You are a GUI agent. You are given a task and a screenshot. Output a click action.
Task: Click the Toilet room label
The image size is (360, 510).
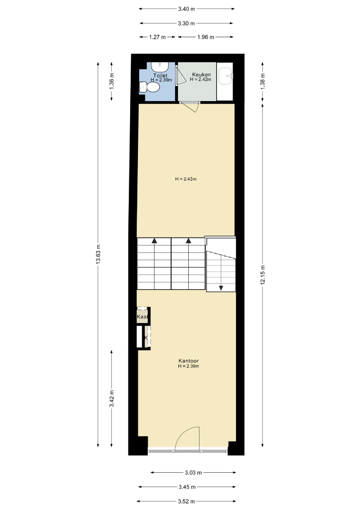tap(160, 76)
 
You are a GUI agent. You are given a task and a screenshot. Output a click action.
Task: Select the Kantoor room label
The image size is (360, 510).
tap(188, 361)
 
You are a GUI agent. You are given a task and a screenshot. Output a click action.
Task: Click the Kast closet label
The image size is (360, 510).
tap(142, 316)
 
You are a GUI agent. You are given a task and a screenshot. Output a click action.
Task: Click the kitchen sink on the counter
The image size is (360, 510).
tap(226, 76)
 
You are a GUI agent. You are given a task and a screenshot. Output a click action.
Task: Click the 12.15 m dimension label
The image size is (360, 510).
tap(262, 275)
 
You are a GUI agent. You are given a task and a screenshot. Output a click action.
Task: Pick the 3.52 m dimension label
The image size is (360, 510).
tap(186, 501)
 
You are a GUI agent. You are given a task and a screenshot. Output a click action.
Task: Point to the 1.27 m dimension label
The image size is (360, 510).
tap(157, 37)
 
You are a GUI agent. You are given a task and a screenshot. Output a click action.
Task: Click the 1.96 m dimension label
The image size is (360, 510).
tap(206, 37)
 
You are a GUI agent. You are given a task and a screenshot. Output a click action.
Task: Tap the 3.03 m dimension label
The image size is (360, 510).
tap(193, 473)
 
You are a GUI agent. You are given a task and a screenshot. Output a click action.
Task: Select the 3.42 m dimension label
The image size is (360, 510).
tap(111, 399)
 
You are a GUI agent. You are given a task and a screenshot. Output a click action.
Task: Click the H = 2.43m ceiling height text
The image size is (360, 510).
tap(186, 179)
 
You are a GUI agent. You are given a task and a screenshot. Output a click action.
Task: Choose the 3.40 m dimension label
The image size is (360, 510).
tap(186, 9)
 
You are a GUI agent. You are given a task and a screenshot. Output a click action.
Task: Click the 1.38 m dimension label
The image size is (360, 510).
tap(262, 81)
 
